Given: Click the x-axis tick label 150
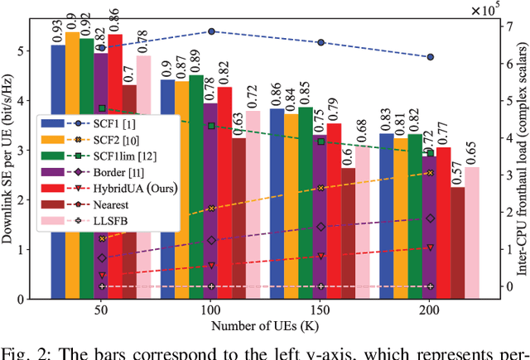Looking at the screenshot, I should pos(320,306).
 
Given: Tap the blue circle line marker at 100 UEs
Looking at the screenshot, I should pos(211,31).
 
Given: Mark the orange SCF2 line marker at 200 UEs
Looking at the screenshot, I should pos(430,172).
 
